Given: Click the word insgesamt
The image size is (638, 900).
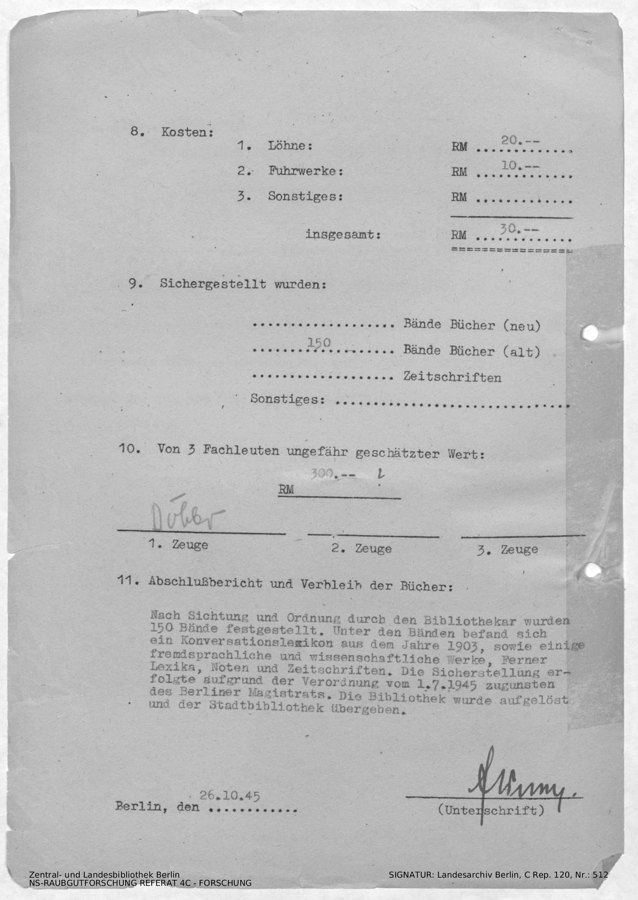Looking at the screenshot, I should pyautogui.click(x=343, y=235).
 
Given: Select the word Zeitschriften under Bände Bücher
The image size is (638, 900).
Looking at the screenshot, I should pyautogui.click(x=452, y=377).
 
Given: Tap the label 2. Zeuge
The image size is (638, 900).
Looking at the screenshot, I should pyautogui.click(x=361, y=548).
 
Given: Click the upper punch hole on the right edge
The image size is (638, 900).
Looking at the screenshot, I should pyautogui.click(x=590, y=333).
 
